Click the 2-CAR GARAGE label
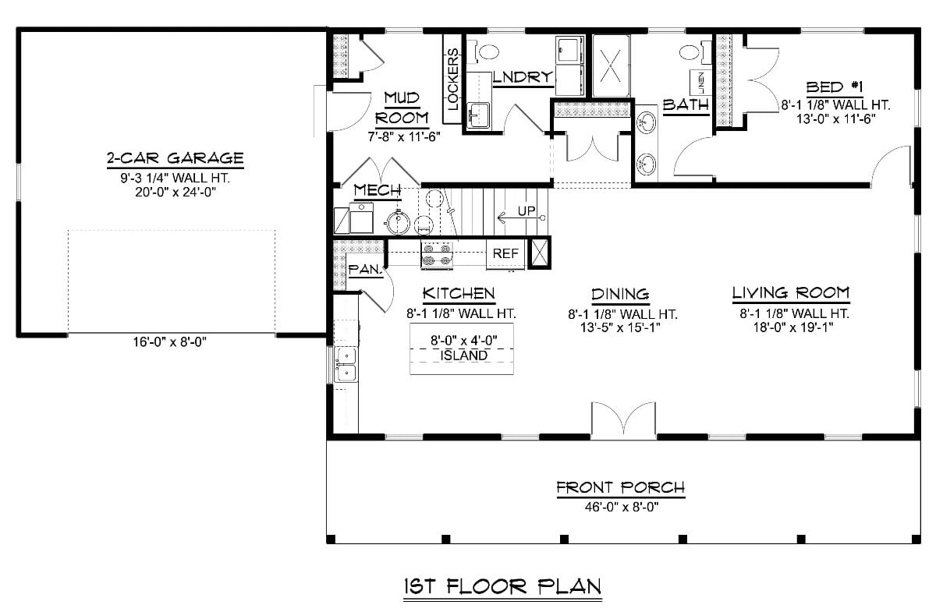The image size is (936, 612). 175,159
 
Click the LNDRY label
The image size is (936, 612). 523,77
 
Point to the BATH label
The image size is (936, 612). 686,104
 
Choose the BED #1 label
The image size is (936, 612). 834,87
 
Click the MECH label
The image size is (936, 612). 378,190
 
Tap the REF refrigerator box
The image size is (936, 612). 505,253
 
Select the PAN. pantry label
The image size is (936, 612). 364,269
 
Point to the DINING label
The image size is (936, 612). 620,294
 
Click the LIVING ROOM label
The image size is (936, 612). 790,293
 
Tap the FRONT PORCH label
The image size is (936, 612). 620,488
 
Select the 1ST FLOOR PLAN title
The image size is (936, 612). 502,586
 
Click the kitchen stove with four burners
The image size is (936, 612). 437,254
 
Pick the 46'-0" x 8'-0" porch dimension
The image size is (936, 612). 620,504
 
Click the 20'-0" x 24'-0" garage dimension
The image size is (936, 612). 175,192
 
